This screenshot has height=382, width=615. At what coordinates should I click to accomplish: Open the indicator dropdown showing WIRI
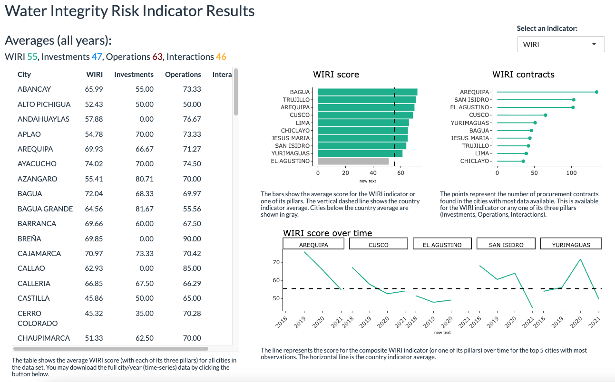560,44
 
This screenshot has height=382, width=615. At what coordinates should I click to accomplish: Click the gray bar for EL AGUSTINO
353,161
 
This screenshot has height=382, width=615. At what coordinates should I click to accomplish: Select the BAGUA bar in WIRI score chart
367,92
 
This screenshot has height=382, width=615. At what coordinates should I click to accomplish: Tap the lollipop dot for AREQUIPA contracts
596,92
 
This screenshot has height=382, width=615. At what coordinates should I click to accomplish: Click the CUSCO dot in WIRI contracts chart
545,115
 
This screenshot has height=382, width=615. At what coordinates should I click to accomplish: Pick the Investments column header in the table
134,75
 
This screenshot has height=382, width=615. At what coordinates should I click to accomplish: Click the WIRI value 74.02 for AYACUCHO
94,164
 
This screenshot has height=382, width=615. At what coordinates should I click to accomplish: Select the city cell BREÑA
29,239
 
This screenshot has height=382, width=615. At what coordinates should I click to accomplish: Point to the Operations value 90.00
192,239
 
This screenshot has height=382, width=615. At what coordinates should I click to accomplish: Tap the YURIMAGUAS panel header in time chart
571,245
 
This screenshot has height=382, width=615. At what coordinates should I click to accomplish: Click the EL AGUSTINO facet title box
442,245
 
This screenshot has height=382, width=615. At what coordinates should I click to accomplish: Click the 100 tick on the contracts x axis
571,173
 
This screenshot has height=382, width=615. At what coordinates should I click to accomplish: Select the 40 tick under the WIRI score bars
373,173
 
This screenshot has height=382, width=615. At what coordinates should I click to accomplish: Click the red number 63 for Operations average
157,57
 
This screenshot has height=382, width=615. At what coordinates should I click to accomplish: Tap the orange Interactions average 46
221,57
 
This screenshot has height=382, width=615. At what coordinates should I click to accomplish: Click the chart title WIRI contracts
523,75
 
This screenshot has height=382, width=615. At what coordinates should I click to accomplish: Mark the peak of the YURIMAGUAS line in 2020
580,259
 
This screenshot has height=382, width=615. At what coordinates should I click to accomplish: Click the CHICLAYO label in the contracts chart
474,161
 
